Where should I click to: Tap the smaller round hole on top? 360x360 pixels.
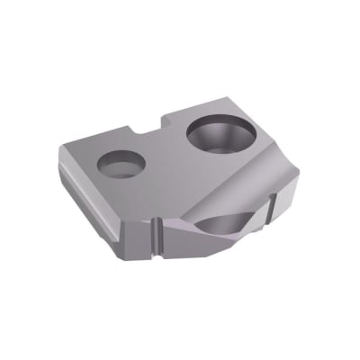click(121, 164)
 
